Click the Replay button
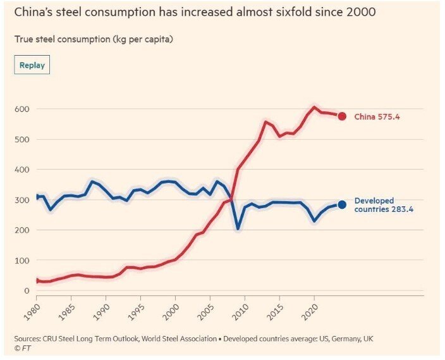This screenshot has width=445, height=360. pyautogui.click(x=32, y=65)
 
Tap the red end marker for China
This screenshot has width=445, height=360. pyautogui.click(x=342, y=116)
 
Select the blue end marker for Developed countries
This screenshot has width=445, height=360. pyautogui.click(x=342, y=204)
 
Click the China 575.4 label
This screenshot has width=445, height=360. pyautogui.click(x=377, y=116)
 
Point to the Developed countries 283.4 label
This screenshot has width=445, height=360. pyautogui.click(x=383, y=205)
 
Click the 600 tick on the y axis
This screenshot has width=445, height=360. pyautogui.click(x=21, y=109)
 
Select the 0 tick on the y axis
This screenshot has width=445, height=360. pyautogui.click(x=27, y=290)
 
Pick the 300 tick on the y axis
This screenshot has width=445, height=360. pyautogui.click(x=21, y=200)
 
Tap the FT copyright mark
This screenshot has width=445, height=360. pyautogui.click(x=24, y=347)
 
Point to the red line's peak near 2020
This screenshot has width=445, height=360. pyautogui.click(x=314, y=107)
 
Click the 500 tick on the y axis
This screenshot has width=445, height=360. pyautogui.click(x=21, y=139)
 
